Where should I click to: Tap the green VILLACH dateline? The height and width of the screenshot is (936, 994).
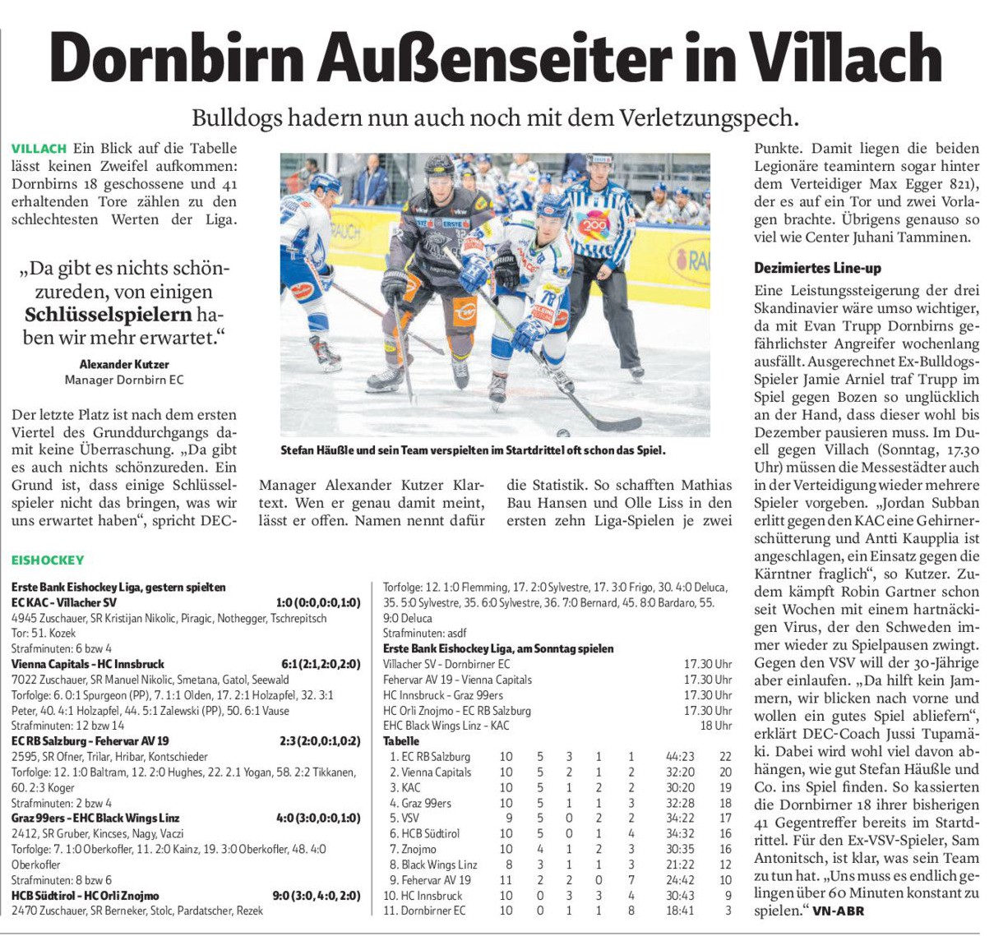point(39,149)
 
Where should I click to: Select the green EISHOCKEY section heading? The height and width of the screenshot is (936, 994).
point(48,560)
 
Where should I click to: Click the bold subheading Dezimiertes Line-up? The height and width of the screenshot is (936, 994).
point(818,268)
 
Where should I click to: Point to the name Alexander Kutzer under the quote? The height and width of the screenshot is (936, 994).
point(124,364)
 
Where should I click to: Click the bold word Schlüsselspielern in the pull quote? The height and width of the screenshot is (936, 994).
point(109,315)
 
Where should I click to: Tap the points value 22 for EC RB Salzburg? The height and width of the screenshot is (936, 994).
point(724,757)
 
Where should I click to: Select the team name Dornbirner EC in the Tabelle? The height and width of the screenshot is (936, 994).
point(433,911)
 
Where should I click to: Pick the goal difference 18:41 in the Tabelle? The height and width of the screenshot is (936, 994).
point(680,911)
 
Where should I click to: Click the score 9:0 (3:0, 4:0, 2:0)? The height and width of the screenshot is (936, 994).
point(317,896)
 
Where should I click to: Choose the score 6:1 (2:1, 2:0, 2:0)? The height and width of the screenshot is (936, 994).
point(321,664)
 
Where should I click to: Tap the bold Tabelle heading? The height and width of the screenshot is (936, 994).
point(401,741)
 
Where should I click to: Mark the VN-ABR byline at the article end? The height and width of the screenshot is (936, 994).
point(839,911)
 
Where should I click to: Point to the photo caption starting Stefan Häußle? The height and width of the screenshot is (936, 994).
point(473,450)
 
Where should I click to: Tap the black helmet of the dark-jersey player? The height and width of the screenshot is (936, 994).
point(439,171)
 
